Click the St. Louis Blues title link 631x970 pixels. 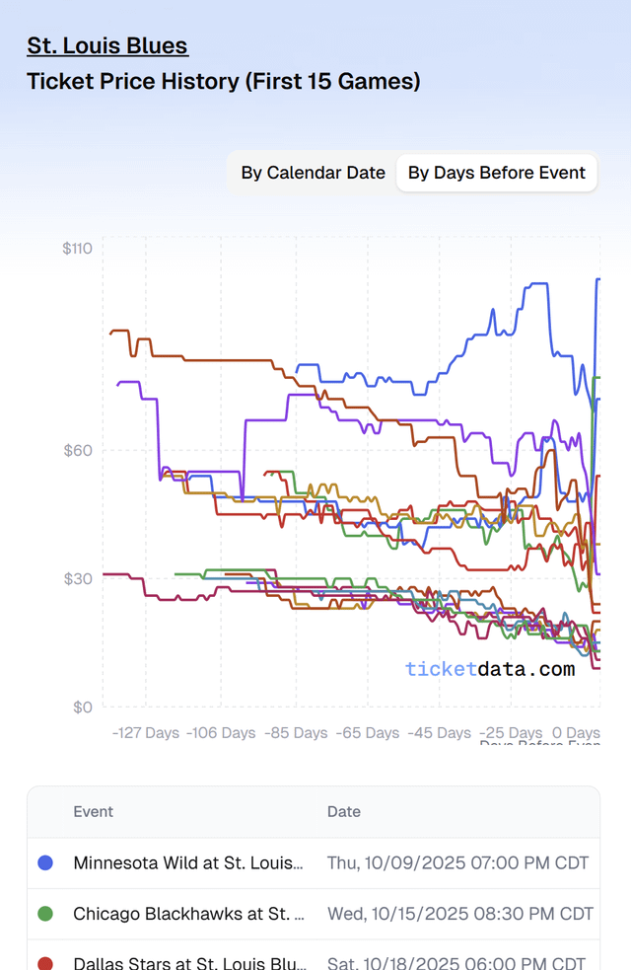(x=107, y=45)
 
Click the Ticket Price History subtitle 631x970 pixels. (x=224, y=81)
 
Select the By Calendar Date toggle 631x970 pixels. (x=313, y=173)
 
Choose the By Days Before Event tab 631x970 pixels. (x=497, y=173)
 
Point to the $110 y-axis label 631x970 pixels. (x=77, y=249)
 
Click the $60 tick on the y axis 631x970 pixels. (x=79, y=451)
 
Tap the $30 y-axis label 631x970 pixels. (x=79, y=578)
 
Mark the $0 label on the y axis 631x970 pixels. (x=83, y=707)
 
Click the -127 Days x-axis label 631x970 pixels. (x=145, y=733)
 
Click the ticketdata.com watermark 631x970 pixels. (x=490, y=669)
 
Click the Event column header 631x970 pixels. (x=94, y=812)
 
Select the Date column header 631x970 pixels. (x=344, y=812)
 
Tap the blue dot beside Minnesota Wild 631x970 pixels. (x=44, y=862)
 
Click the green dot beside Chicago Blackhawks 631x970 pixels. (x=44, y=914)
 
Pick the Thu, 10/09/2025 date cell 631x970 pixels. (x=460, y=862)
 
